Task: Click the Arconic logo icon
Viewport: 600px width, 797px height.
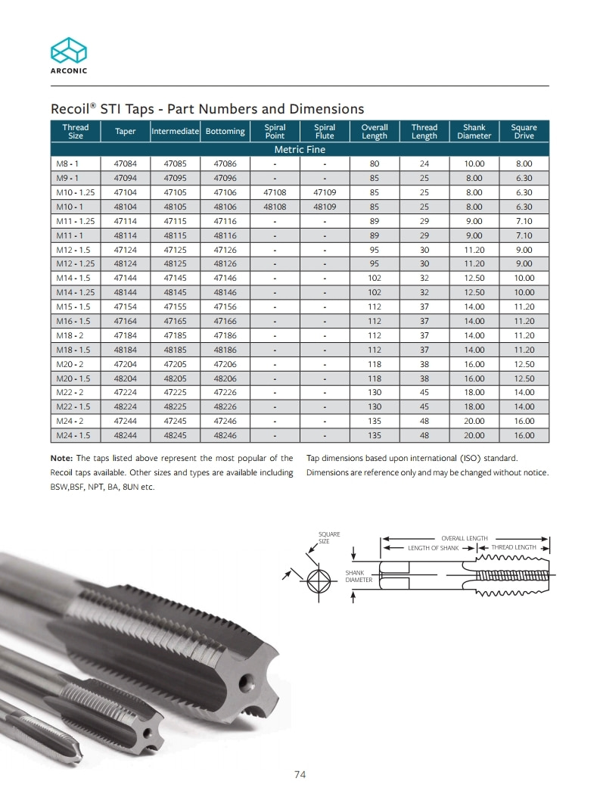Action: [68, 50]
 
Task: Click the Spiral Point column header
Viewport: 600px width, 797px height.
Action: [275, 132]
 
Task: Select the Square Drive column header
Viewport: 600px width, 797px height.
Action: [524, 132]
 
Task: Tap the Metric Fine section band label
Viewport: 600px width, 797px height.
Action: [300, 150]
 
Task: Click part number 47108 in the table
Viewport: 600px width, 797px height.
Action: [275, 192]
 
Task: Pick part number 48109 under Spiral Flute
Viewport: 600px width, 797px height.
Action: [325, 207]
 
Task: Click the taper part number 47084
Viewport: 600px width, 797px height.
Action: [126, 163]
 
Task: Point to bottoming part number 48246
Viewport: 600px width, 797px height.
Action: [225, 435]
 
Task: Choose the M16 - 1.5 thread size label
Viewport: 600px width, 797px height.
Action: [73, 321]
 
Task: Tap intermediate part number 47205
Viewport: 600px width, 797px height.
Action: [175, 364]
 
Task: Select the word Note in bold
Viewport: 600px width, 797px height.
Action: [61, 458]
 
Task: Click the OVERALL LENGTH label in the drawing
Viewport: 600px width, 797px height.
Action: [464, 537]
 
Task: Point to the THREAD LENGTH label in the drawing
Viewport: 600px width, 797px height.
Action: [514, 547]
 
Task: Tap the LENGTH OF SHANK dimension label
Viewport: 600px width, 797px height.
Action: [433, 547]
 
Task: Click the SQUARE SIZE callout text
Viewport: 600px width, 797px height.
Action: [329, 537]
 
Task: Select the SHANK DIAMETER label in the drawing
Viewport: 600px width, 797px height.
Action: [359, 577]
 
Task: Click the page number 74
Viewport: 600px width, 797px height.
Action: [300, 774]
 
